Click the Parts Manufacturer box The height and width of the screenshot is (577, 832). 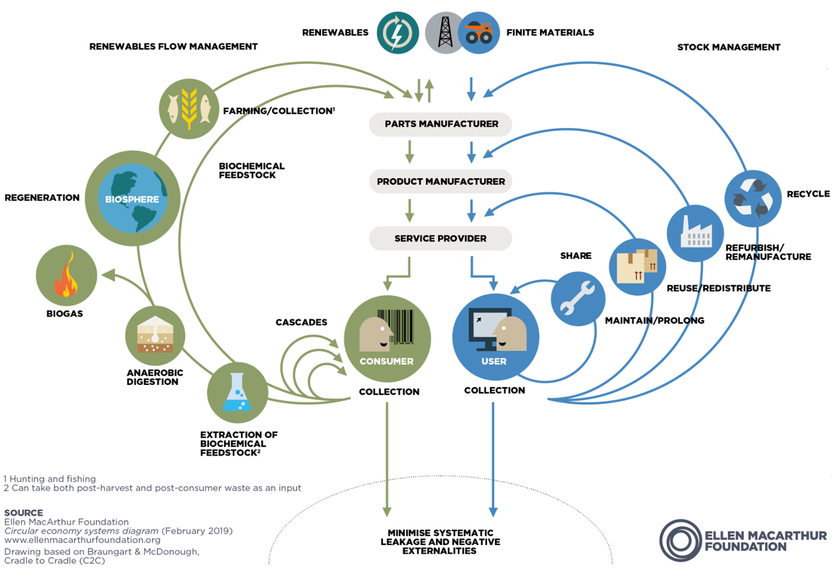click(x=440, y=124)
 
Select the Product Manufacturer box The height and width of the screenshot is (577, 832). click(x=440, y=181)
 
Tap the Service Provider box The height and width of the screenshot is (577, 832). click(x=440, y=238)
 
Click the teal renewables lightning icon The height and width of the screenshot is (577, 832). click(x=398, y=33)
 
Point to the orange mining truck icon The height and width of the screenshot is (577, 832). click(x=479, y=33)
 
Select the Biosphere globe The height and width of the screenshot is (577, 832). click(x=132, y=198)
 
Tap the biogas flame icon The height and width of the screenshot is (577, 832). click(x=66, y=276)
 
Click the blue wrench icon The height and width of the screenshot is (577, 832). click(x=578, y=298)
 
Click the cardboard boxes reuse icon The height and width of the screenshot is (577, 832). click(x=638, y=266)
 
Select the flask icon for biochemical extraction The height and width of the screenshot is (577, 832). click(x=237, y=393)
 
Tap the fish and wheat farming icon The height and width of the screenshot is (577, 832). click(x=189, y=109)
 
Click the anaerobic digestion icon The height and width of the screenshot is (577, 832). click(x=155, y=335)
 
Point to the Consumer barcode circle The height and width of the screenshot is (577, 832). click(x=387, y=338)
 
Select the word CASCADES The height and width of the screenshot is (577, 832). click(x=301, y=322)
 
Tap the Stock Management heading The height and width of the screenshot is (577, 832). click(x=728, y=47)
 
